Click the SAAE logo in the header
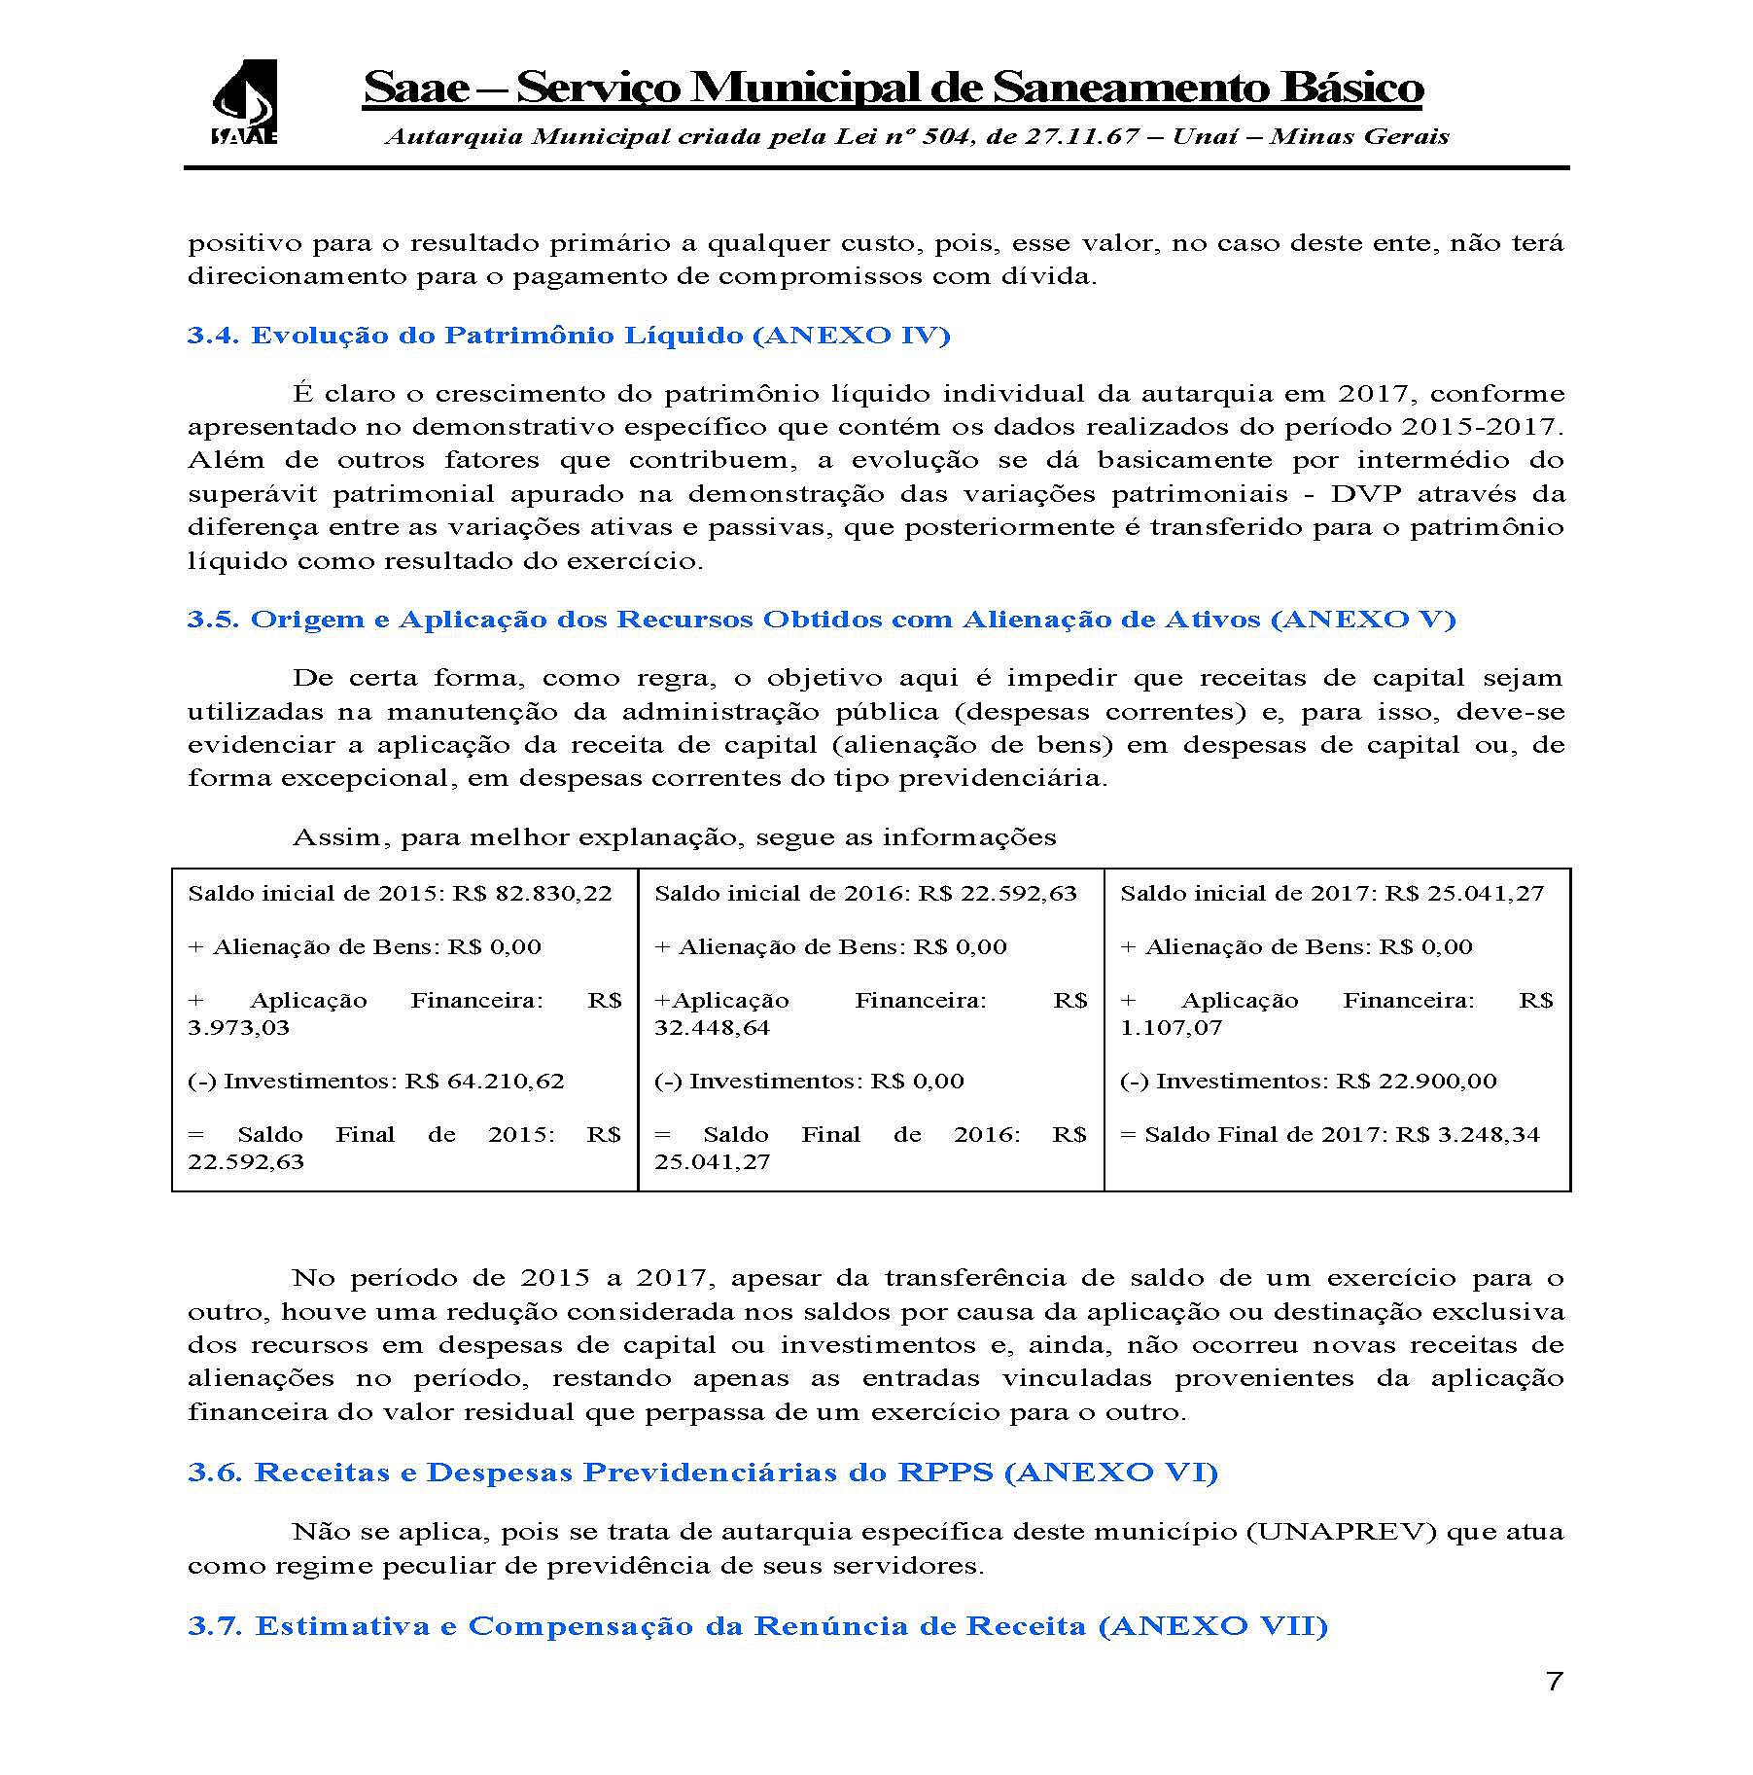point(244,102)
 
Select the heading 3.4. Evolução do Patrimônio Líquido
point(569,336)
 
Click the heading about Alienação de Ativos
point(822,620)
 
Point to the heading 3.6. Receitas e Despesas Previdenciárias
point(702,1472)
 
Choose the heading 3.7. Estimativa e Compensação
point(757,1626)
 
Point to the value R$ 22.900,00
point(1417,1081)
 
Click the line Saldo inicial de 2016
point(865,893)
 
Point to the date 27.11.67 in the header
point(1077,136)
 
